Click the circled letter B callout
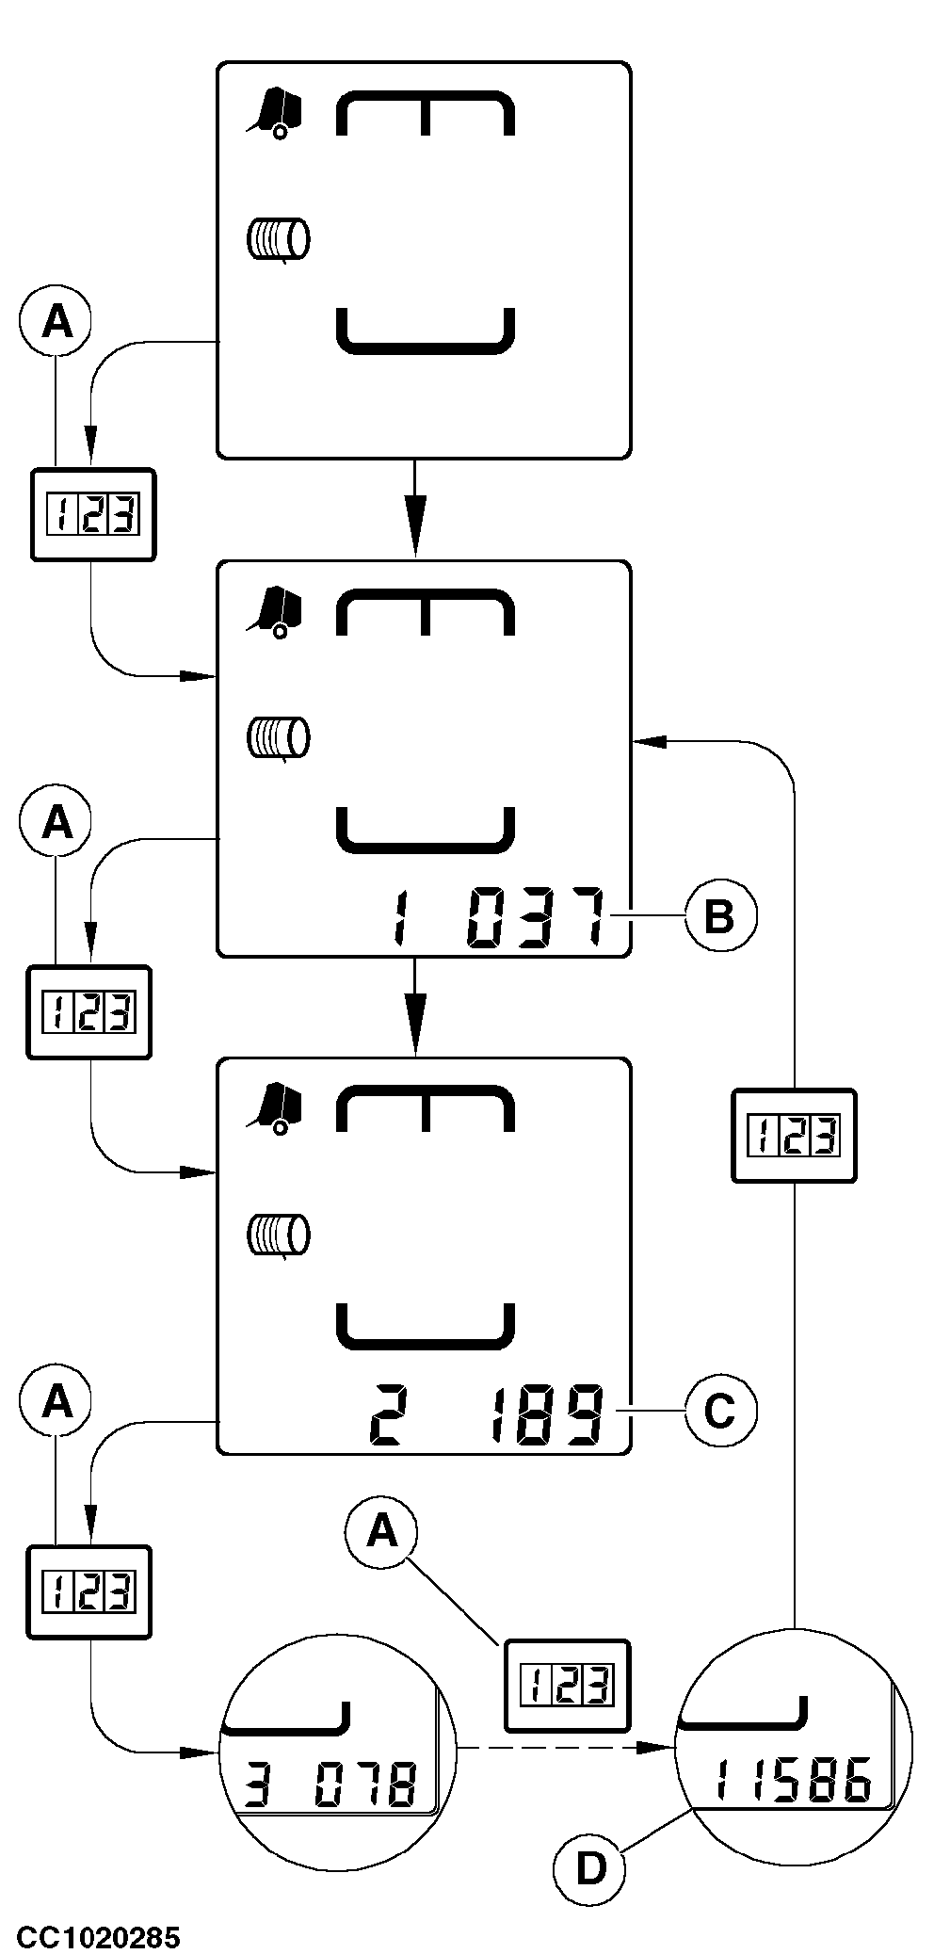pos(719,914)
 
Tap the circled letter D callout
pos(590,1868)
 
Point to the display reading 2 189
pos(486,1413)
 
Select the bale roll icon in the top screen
pos(278,239)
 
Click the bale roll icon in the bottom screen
pos(278,1235)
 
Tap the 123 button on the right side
pos(794,1136)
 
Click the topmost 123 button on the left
pos(92,515)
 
